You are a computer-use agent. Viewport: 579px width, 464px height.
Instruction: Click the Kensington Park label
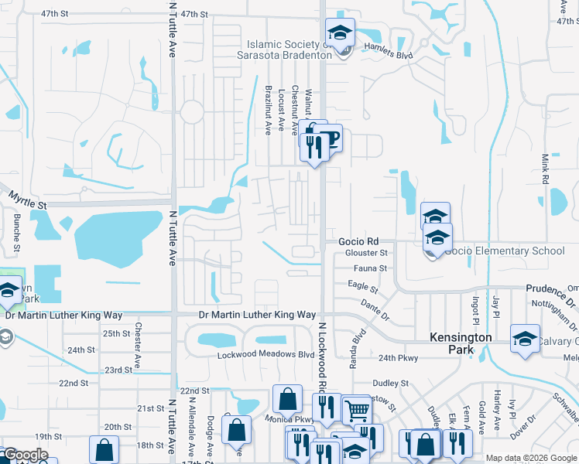click(461, 344)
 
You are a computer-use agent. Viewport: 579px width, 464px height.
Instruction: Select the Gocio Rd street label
click(358, 241)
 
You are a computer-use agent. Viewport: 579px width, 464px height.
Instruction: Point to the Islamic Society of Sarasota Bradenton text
click(289, 49)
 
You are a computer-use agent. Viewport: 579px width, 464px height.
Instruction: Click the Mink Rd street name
click(546, 168)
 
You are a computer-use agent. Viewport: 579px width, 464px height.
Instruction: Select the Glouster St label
click(367, 253)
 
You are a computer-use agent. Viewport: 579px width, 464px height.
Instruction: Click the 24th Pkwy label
click(399, 358)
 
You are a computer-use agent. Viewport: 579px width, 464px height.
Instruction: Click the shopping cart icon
click(356, 410)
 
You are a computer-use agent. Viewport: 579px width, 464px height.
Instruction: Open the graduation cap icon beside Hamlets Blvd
click(339, 32)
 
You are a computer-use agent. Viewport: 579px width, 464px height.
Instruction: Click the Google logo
click(25, 455)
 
